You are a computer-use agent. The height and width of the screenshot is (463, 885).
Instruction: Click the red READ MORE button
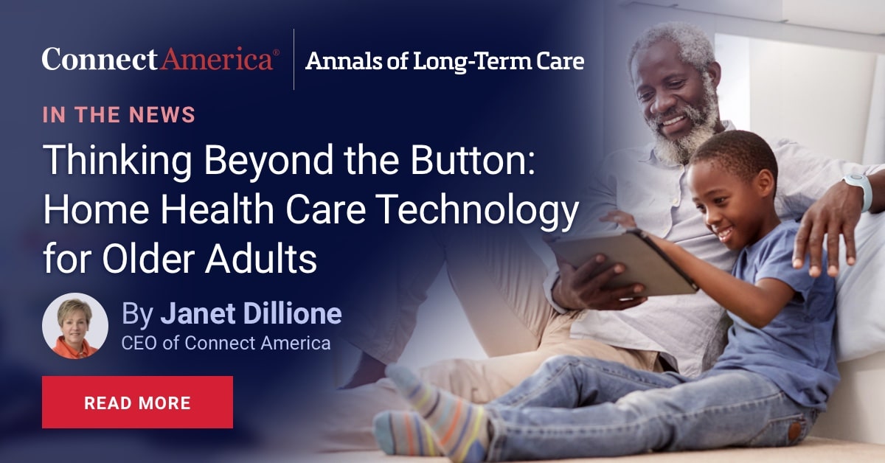point(137,403)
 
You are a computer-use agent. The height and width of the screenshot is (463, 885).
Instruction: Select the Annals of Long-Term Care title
point(445,61)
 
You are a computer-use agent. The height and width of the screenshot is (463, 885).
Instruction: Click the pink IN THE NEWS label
point(119,115)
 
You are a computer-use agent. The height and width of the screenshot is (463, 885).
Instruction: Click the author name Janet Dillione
point(251,314)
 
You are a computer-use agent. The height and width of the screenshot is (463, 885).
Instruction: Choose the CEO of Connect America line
point(226,343)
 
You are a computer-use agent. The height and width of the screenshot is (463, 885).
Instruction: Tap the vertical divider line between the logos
point(294,60)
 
